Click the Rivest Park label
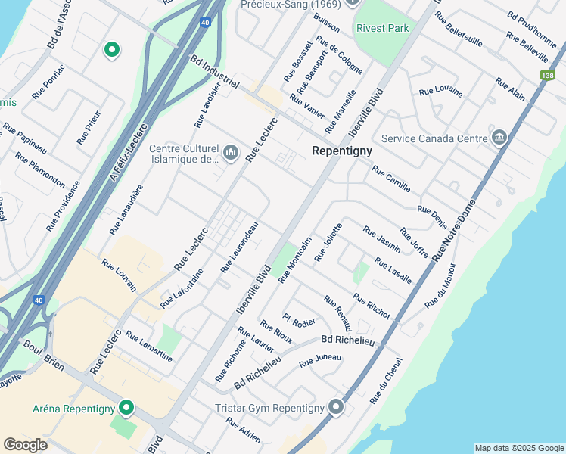pyautogui.click(x=382, y=28)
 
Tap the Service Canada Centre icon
pyautogui.click(x=499, y=138)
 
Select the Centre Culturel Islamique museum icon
pyautogui.click(x=232, y=154)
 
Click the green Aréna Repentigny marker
pyautogui.click(x=126, y=409)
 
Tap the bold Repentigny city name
pyautogui.click(x=342, y=151)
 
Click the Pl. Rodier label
pyautogui.click(x=299, y=322)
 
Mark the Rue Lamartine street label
pyautogui.click(x=149, y=347)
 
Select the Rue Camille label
pyautogui.click(x=390, y=178)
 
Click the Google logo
pyautogui.click(x=26, y=444)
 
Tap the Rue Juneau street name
pyautogui.click(x=320, y=361)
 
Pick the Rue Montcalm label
pyautogui.click(x=295, y=260)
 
